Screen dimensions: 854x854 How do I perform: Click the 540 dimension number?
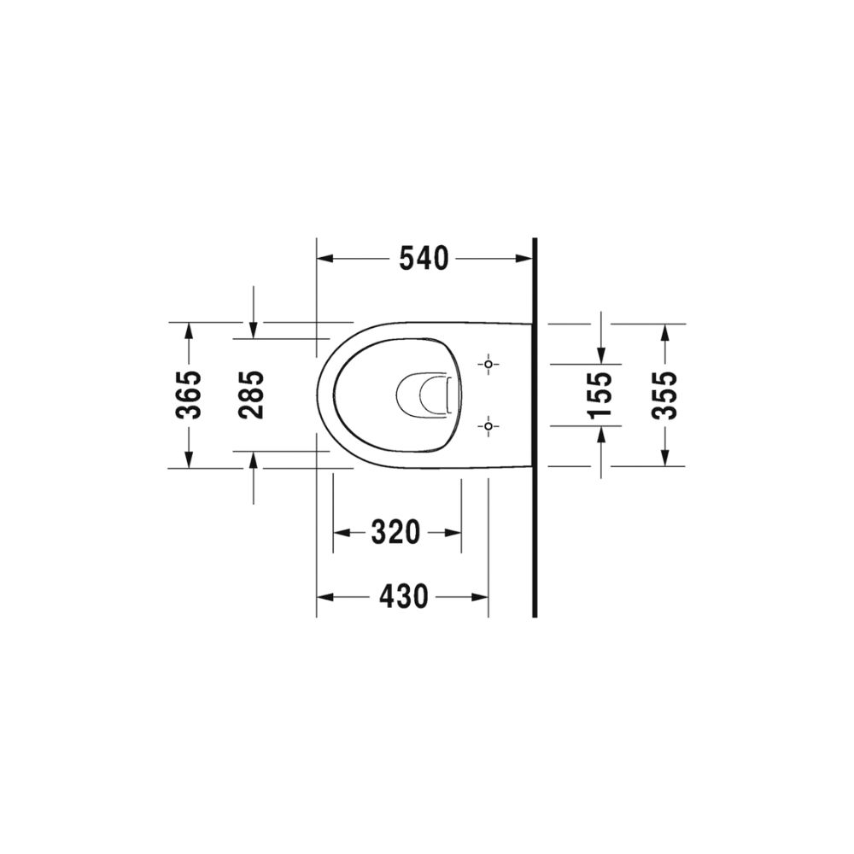click(x=424, y=259)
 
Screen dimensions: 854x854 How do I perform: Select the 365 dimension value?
click(x=189, y=395)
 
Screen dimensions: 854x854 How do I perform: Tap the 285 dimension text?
click(x=251, y=395)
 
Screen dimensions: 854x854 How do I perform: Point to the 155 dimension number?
click(x=600, y=395)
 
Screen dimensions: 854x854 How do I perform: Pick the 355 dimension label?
click(x=664, y=395)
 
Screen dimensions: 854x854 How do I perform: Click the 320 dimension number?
click(x=396, y=532)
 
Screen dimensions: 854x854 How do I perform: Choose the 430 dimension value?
click(x=404, y=597)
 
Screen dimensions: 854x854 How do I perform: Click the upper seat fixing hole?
click(x=488, y=364)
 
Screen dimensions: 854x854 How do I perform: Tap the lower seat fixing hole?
click(x=488, y=425)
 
